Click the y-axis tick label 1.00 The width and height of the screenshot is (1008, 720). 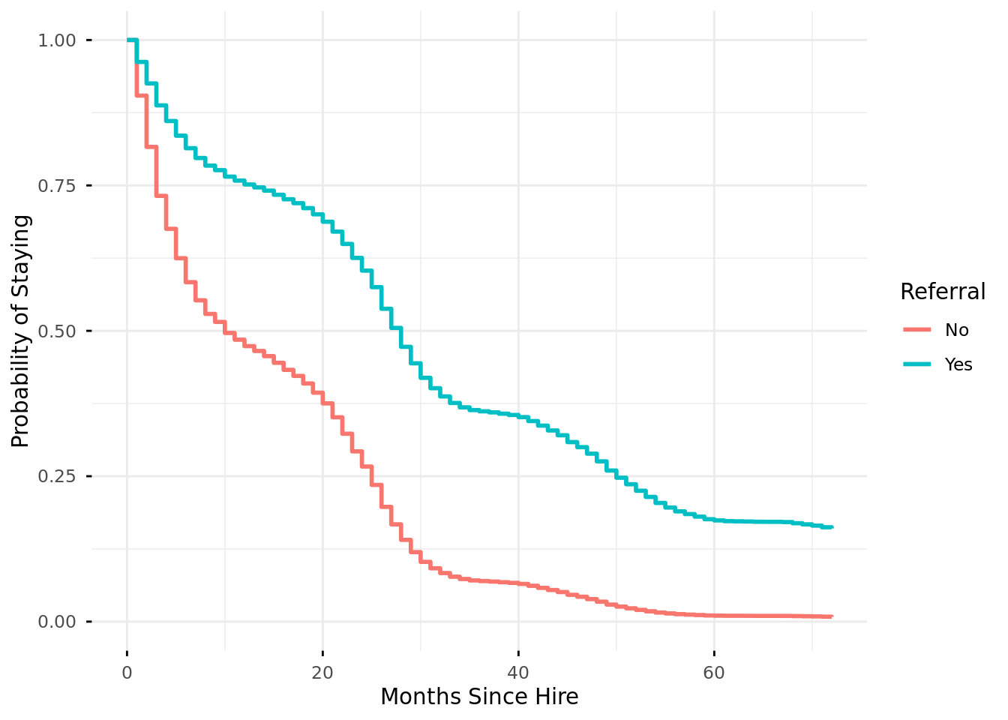point(57,40)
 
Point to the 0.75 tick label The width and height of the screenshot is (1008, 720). point(57,185)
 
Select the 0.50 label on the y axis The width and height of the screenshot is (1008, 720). point(57,331)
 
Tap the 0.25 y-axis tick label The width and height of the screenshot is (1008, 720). point(57,476)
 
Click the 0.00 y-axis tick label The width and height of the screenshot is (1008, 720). point(57,622)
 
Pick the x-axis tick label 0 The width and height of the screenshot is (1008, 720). point(127,673)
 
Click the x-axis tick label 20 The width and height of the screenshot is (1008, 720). point(322,673)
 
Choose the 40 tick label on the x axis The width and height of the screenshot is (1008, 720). point(518,673)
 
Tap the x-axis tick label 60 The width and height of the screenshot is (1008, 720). point(714,673)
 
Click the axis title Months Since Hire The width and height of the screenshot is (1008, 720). point(479,697)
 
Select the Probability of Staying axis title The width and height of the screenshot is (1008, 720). point(21,331)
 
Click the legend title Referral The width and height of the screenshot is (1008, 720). point(943,292)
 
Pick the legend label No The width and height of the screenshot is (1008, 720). point(957,330)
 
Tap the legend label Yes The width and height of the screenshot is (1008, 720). point(958,364)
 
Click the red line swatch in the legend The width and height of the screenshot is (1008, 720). point(916,330)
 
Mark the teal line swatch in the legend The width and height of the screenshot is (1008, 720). point(916,364)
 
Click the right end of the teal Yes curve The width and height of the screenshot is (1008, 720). point(832,527)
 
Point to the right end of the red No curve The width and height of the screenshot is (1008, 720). point(832,616)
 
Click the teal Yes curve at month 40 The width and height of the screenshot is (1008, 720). point(518,416)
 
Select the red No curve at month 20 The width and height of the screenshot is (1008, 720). point(322,397)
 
